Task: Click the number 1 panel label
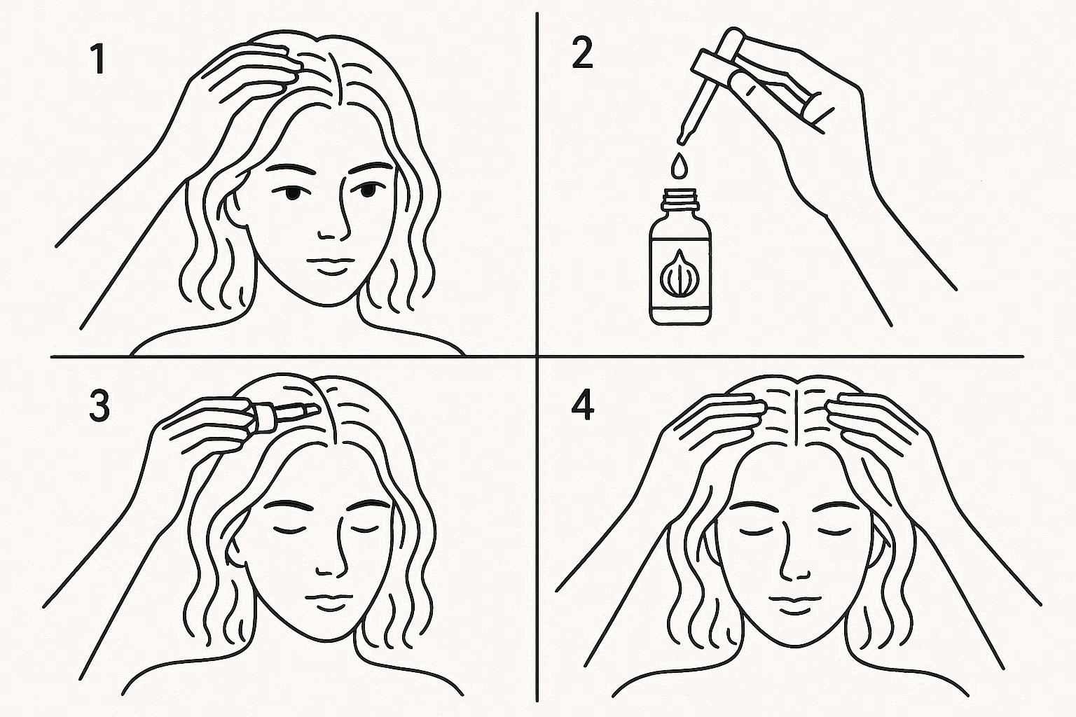99,60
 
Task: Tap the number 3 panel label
99,408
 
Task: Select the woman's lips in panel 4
791,604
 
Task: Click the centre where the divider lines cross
537,357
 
